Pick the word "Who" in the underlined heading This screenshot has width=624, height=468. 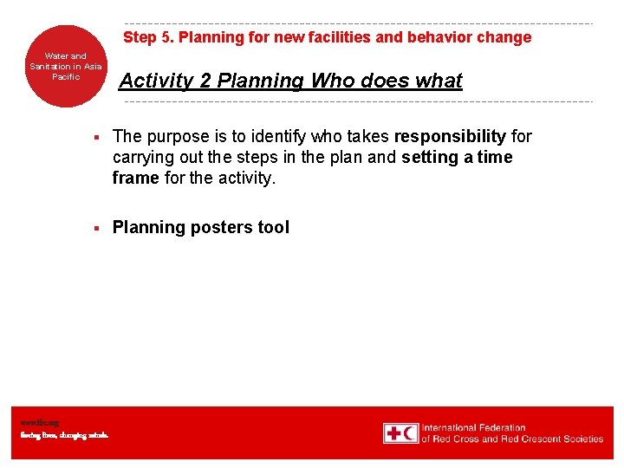tap(329, 81)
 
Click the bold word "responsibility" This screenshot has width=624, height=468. tap(450, 136)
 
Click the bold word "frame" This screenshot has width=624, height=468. tap(136, 178)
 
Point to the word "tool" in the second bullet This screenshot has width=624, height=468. tap(273, 227)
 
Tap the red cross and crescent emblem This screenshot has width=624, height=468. tap(401, 433)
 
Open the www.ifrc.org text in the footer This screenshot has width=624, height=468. tap(41, 423)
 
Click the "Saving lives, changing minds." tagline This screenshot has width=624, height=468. tap(65, 435)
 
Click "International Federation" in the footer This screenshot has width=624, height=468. tap(473, 427)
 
